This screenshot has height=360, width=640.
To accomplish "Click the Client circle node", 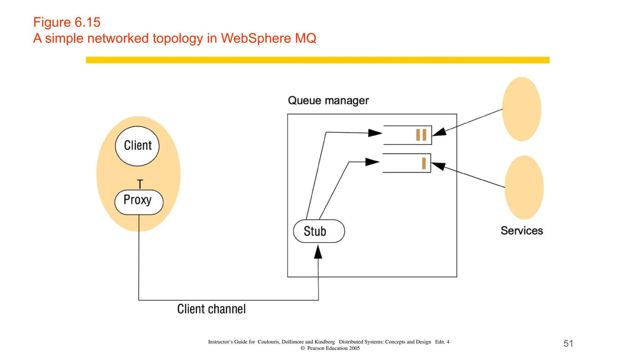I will point(137,146).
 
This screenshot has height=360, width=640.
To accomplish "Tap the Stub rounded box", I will point(319,231).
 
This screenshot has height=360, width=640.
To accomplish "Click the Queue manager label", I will point(328,101).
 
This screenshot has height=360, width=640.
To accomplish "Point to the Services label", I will point(522,231).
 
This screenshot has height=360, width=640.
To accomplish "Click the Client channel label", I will point(211,309).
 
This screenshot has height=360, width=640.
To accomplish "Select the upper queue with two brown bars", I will point(407,135).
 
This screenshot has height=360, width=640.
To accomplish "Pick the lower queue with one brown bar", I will point(407,163).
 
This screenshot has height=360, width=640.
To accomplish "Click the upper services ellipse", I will point(522,109).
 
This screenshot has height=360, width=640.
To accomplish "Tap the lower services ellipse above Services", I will point(524,187).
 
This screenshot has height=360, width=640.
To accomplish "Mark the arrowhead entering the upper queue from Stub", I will point(375,133).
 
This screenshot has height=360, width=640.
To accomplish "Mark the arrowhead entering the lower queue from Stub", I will point(372,162).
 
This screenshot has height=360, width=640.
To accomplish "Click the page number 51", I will point(568,343).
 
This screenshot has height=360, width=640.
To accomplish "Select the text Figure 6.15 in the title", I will point(67,22).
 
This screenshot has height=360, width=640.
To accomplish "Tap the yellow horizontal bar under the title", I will point(317,60).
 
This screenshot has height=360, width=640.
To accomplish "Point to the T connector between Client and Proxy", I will point(140,184).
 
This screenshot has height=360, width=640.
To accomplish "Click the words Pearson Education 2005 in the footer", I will point(333,348).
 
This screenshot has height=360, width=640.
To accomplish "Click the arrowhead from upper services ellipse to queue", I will point(439,132).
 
